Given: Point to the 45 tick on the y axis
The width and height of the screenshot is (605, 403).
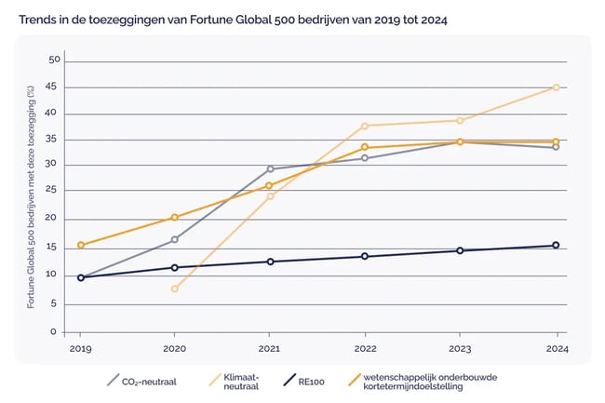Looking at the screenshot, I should [54, 87].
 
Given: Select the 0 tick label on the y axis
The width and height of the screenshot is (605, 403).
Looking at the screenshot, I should [54, 331].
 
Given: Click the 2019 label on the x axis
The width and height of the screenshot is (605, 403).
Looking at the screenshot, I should [80, 350].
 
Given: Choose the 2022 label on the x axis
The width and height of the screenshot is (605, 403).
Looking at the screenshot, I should [365, 350].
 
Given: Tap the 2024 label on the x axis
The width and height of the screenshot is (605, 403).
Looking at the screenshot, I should [556, 350].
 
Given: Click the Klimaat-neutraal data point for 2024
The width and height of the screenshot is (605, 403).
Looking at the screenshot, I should [556, 87].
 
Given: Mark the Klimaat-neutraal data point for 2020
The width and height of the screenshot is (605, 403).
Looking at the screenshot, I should [175, 289].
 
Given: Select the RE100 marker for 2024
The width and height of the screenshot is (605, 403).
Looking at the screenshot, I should [556, 246].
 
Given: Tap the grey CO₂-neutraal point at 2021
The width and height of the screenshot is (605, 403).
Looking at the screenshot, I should [270, 168].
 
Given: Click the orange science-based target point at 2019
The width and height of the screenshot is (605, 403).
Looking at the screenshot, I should [80, 245].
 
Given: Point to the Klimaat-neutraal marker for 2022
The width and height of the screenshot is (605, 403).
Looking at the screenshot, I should [365, 126].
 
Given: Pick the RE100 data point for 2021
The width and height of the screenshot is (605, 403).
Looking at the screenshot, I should [270, 262].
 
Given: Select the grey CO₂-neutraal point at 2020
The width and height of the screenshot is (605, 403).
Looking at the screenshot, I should [175, 239].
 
